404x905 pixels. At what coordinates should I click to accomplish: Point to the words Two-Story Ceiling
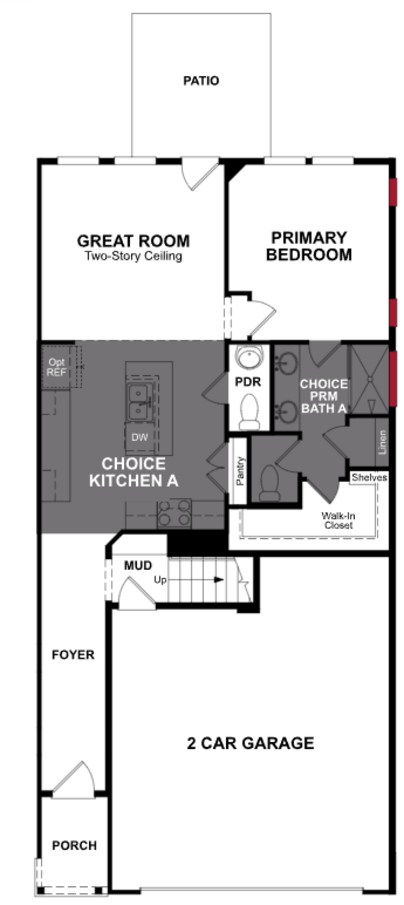(133, 256)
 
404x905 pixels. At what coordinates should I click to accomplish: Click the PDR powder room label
(248, 382)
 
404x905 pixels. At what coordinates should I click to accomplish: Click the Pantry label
(240, 471)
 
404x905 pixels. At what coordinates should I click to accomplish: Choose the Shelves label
(369, 477)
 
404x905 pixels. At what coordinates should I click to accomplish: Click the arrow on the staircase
(218, 580)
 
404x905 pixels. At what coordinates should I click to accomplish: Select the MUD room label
(138, 566)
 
